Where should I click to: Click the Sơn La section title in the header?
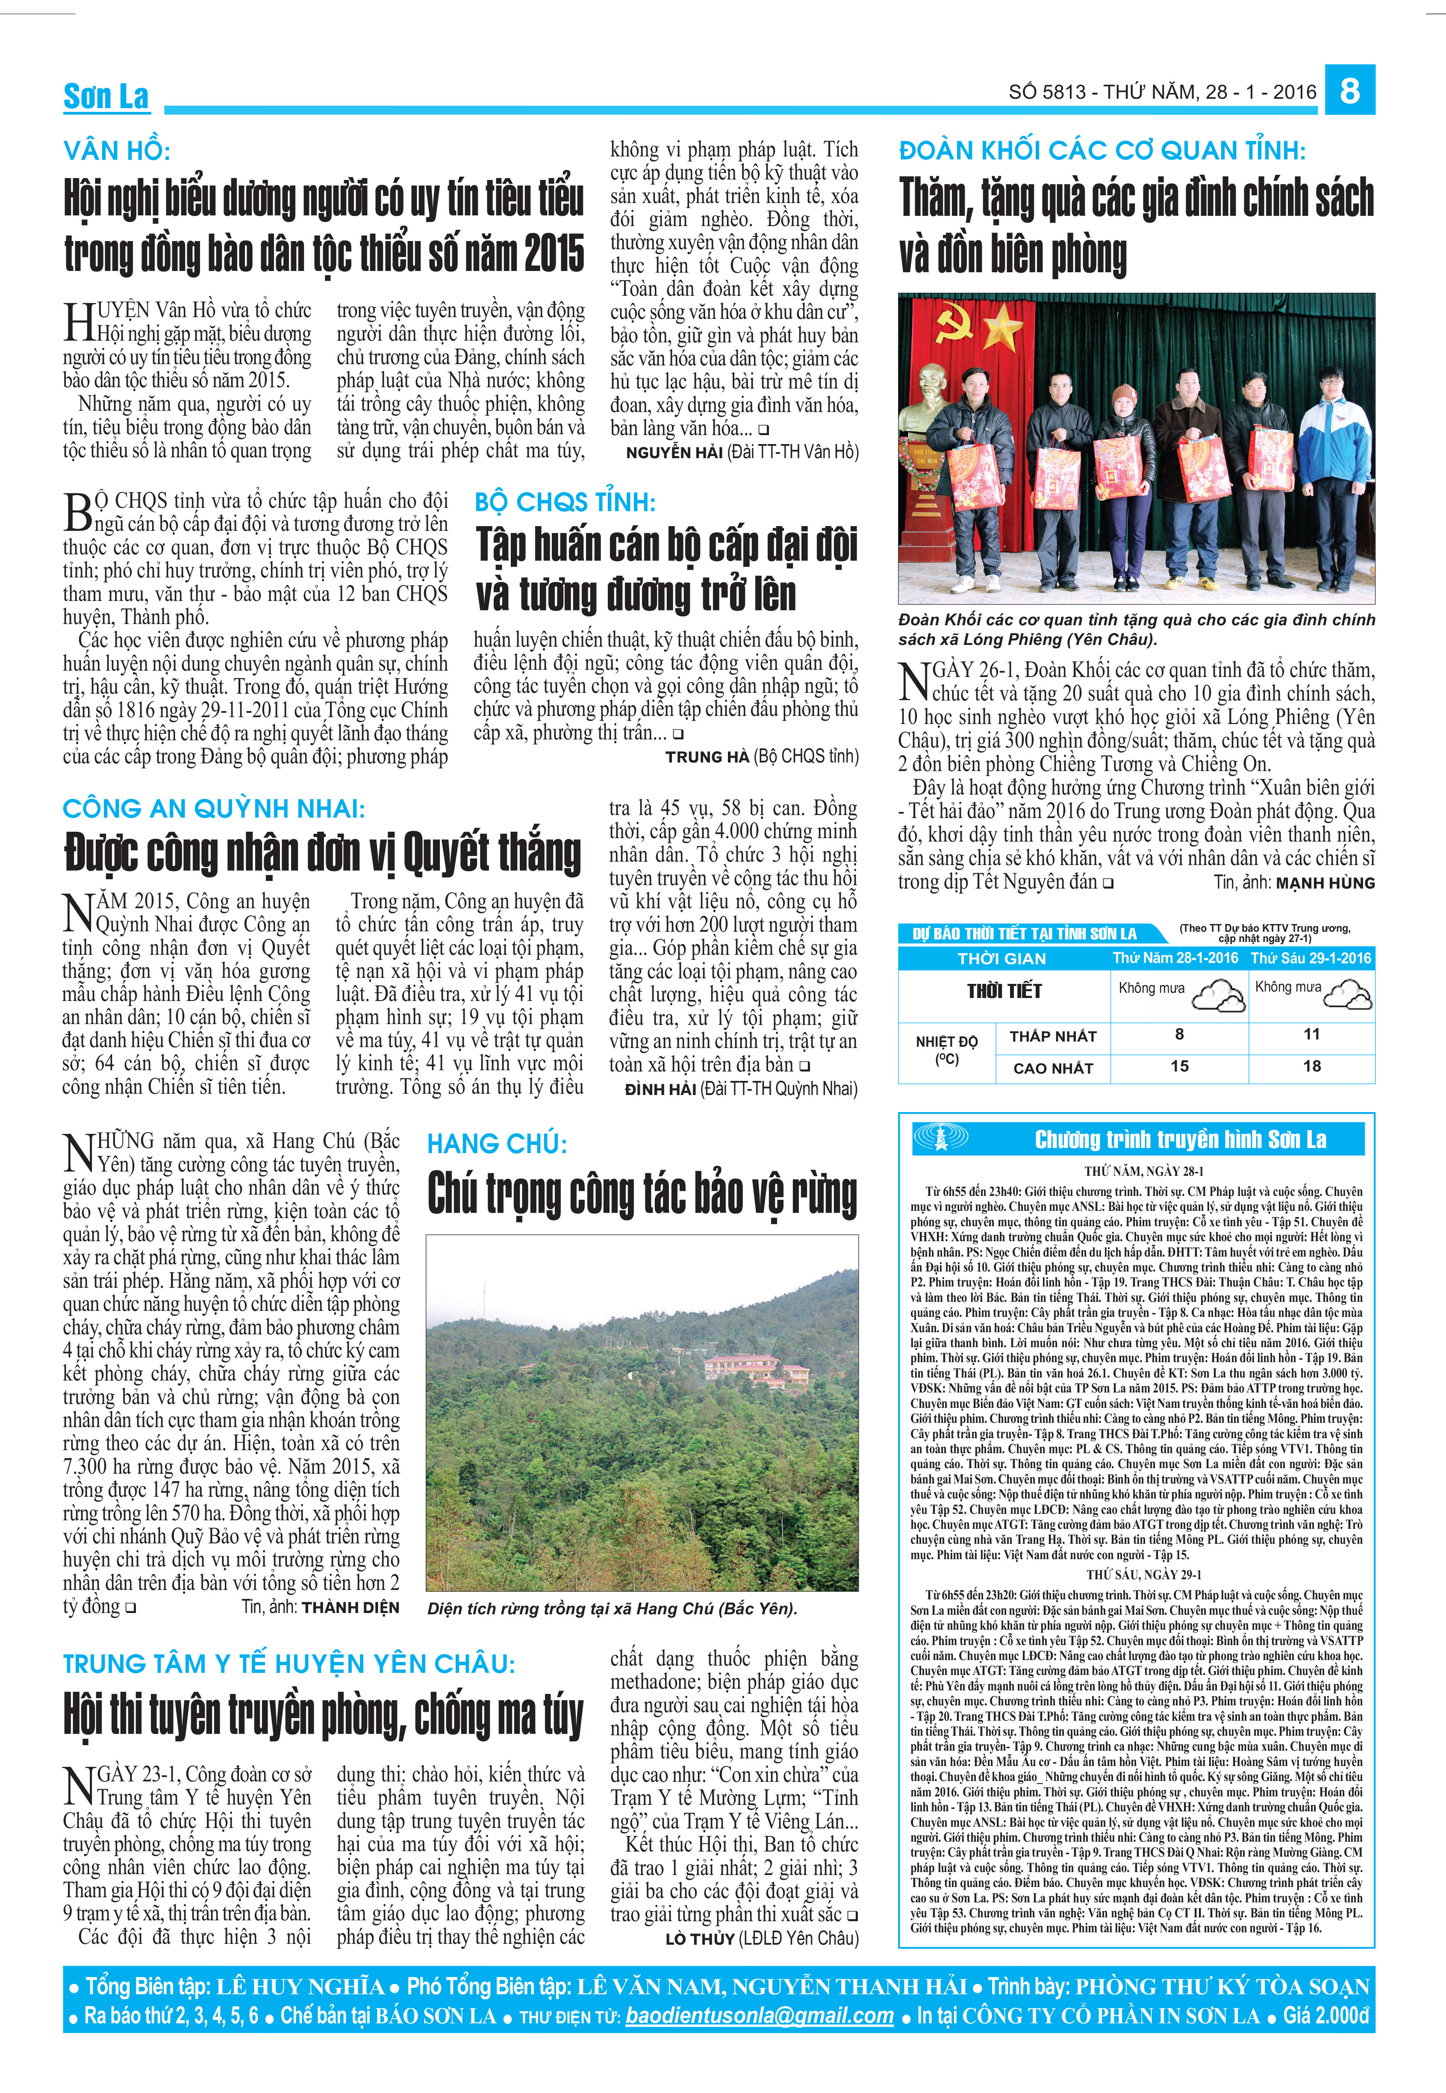tap(106, 96)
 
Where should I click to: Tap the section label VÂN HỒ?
tap(116, 150)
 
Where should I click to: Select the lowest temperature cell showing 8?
tap(1179, 1034)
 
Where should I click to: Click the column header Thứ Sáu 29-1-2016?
tap(1311, 958)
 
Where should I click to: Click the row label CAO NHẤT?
tap(1053, 1068)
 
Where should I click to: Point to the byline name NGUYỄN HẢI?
tap(673, 452)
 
